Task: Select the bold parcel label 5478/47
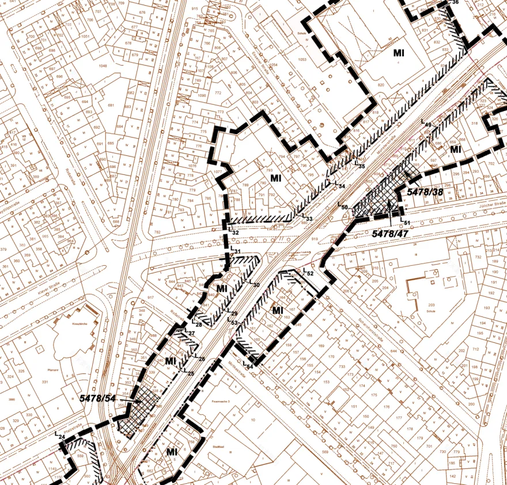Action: [x=389, y=234]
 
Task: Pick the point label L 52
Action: [x=308, y=272]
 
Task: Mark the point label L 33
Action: [x=308, y=219]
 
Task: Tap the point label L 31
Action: [x=235, y=251]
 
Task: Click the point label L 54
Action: [x=248, y=364]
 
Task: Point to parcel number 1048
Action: [x=103, y=66]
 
